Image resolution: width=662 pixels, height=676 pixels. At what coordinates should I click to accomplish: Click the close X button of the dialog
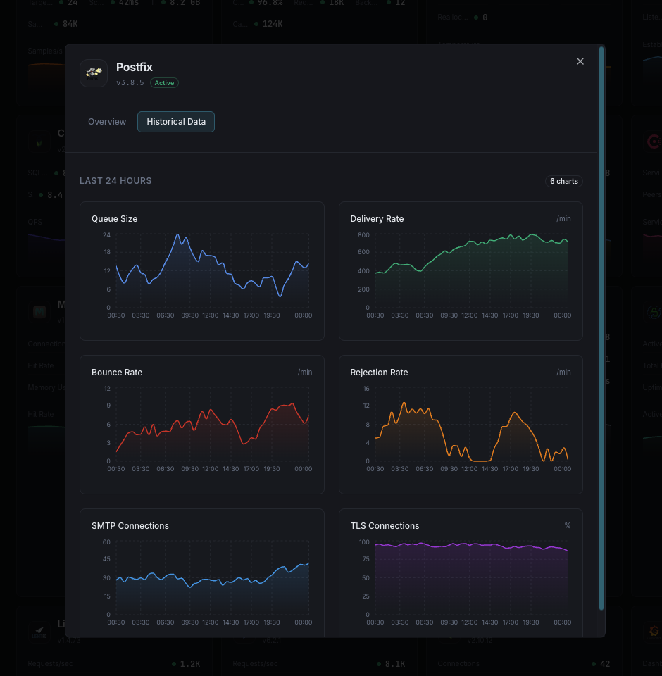pos(580,61)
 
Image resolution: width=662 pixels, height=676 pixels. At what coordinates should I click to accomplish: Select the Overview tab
pos(107,122)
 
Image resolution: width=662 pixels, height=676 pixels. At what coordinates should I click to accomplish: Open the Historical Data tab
pos(176,122)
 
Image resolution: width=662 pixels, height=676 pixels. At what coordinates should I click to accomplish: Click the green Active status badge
pos(164,83)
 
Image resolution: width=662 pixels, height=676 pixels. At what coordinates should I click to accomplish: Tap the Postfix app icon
pos(94,73)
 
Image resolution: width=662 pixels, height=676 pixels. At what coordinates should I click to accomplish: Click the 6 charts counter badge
pos(563,181)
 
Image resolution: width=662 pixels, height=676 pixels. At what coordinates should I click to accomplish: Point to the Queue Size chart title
pos(114,219)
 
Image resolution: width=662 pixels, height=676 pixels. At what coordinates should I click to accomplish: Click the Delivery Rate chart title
pos(377,219)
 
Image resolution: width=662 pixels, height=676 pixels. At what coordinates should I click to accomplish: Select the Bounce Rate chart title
pos(117,373)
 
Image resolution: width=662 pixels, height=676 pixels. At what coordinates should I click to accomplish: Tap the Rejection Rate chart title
pos(379,373)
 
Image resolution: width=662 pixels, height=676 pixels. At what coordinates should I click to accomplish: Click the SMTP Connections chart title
pos(130,526)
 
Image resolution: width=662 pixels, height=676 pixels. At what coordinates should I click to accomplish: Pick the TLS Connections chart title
pos(385,526)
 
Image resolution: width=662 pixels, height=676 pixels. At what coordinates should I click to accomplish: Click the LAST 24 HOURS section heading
pos(115,181)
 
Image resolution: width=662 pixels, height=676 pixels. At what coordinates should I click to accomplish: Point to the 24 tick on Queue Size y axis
pos(106,234)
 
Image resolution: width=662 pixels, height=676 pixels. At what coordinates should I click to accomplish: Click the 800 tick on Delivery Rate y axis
pos(363,234)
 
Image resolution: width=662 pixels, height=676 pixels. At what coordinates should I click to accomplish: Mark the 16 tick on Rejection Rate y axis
pos(366,388)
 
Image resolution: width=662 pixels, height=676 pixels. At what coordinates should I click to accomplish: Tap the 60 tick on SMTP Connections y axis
pos(106,542)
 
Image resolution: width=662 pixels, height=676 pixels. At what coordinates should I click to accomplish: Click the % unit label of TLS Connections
pos(568,526)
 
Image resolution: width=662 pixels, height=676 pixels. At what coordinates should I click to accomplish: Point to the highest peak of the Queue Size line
pos(177,234)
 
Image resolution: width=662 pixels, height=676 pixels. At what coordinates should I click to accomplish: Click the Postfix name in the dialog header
pos(135,68)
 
